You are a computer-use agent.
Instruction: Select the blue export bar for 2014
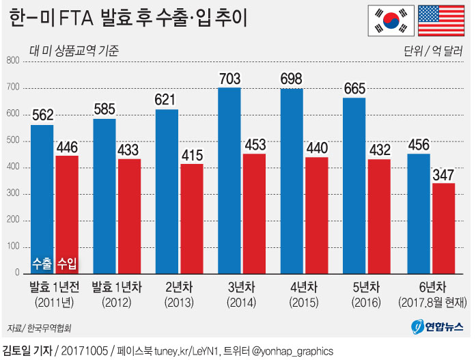click(229, 180)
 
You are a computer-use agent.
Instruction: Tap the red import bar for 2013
click(192, 219)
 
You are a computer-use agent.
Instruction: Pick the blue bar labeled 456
click(418, 213)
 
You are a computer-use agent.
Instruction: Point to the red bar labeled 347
click(443, 228)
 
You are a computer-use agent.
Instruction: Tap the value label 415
click(192, 155)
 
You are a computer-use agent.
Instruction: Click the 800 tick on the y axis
click(12, 61)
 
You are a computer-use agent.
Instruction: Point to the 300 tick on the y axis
click(12, 195)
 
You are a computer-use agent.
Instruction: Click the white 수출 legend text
click(42, 263)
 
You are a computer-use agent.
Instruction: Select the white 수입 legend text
click(67, 263)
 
